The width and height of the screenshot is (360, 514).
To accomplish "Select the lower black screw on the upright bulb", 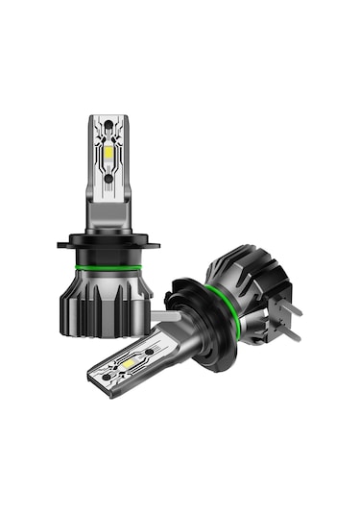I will click(x=108, y=179).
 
